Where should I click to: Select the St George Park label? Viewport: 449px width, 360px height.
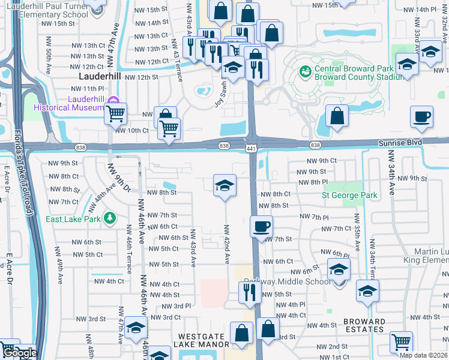[349, 195]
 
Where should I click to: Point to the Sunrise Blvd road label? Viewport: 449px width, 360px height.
[400, 142]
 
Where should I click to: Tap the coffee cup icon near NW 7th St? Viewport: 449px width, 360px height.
[261, 227]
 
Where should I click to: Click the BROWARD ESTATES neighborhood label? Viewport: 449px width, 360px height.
[365, 325]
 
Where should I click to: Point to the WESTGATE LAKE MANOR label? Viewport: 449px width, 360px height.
[201, 340]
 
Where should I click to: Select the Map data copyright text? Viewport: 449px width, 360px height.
[423, 355]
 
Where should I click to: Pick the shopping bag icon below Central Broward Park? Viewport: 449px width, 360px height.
[338, 116]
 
